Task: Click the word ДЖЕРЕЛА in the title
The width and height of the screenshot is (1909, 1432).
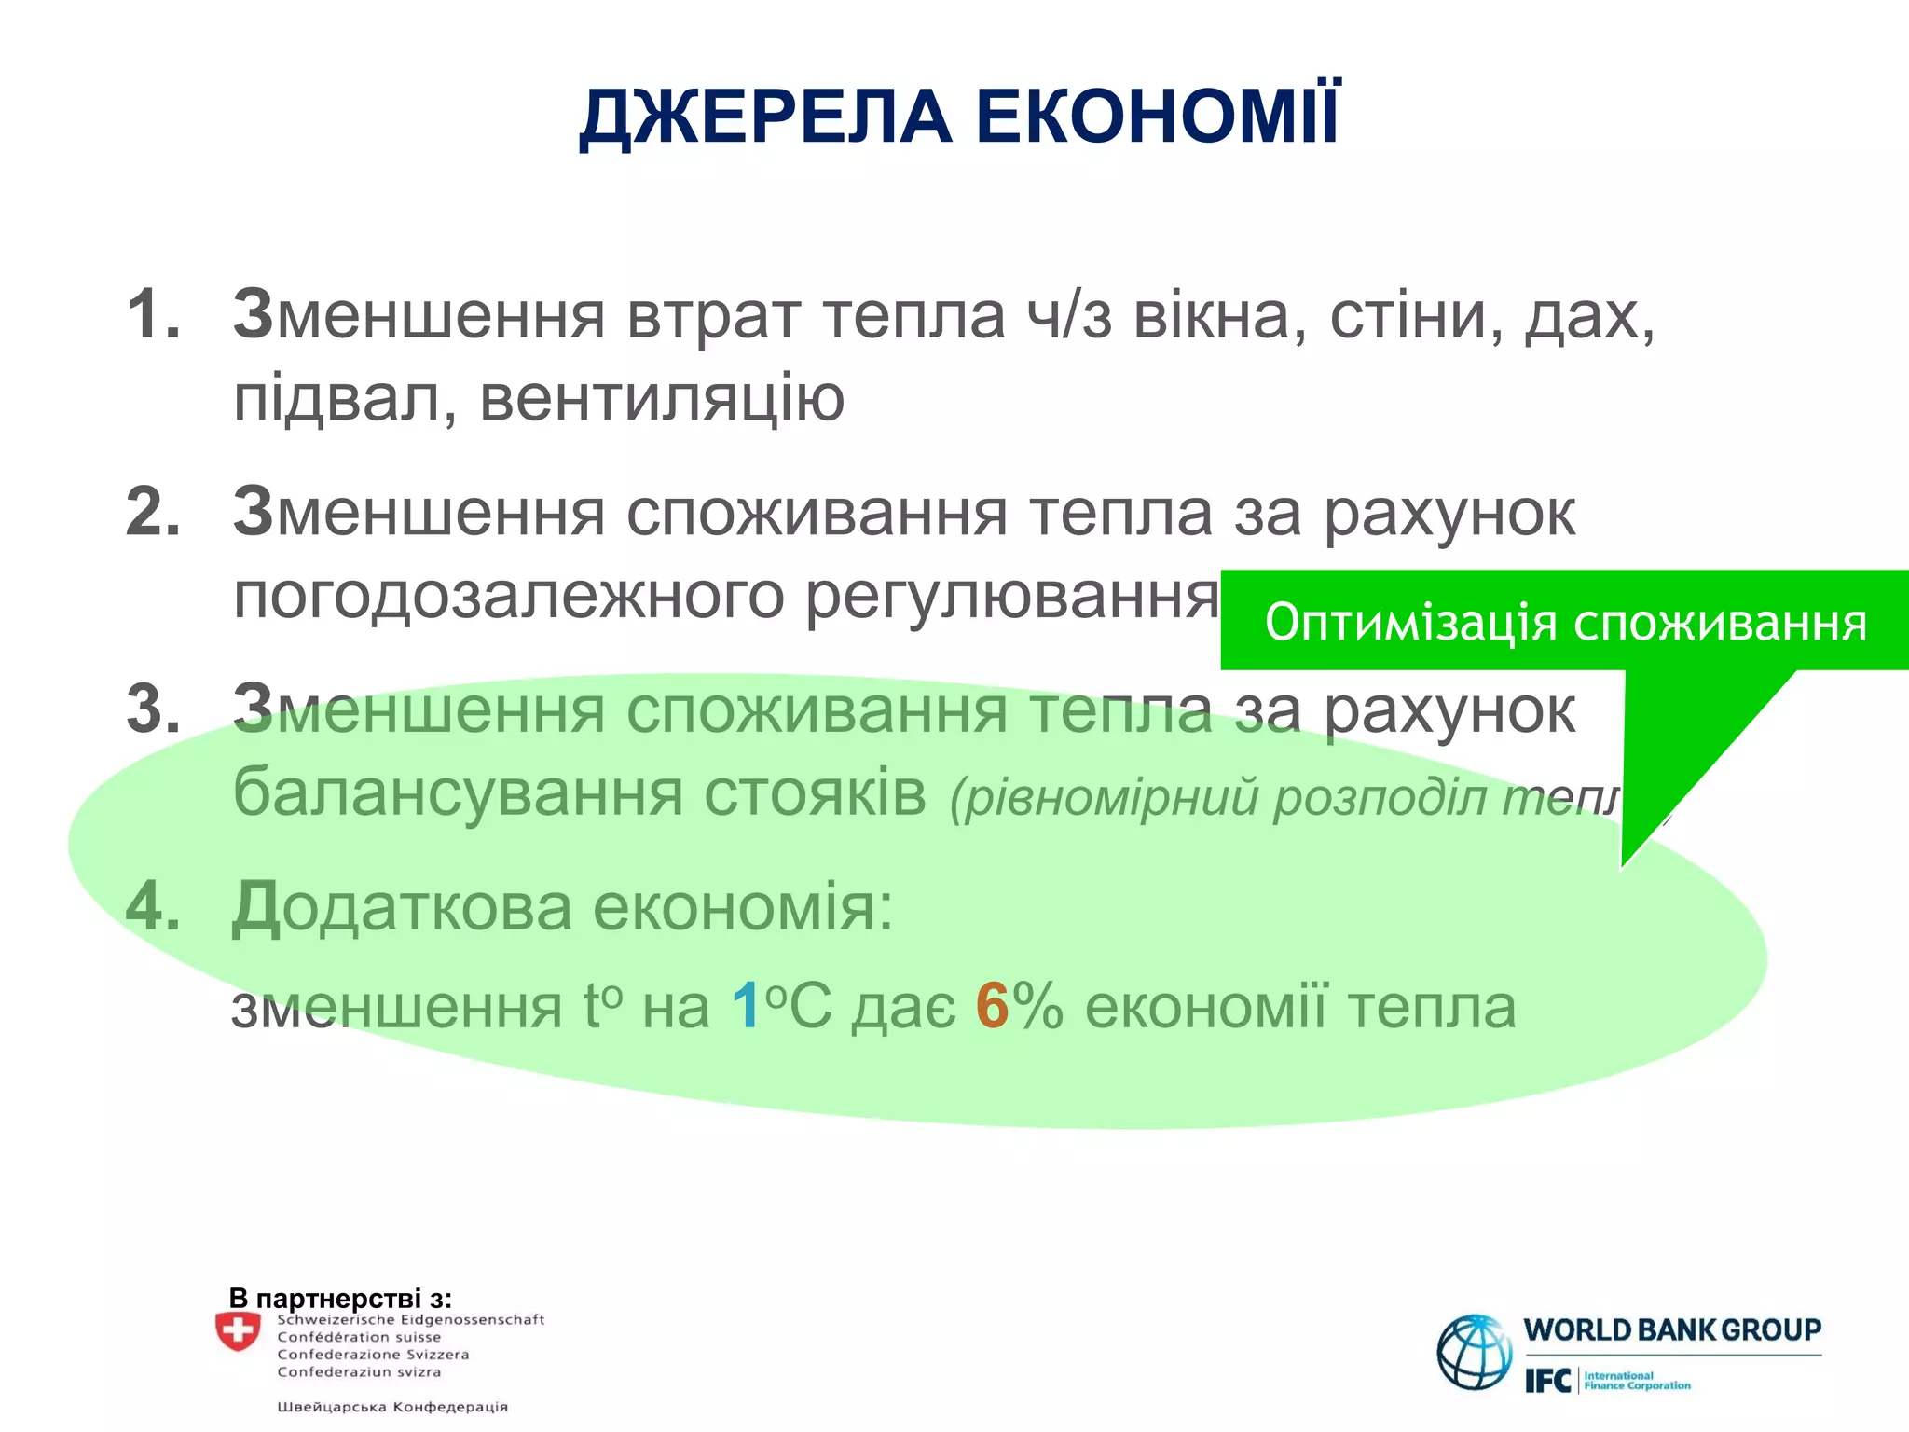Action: [x=765, y=118]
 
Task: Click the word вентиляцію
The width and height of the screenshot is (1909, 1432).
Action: [x=662, y=399]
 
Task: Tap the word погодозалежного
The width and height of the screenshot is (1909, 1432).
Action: [x=509, y=597]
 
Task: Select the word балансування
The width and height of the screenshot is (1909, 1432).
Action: [x=458, y=793]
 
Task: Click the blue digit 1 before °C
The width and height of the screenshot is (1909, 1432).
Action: [x=746, y=1007]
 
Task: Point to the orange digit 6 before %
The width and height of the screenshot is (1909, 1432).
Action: [x=993, y=1007]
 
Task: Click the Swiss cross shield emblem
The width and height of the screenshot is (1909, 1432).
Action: [x=238, y=1331]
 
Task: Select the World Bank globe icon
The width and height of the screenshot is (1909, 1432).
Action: [x=1475, y=1352]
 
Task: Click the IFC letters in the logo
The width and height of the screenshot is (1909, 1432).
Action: [x=1547, y=1381]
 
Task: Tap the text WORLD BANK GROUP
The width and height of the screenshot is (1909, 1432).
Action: [x=1672, y=1330]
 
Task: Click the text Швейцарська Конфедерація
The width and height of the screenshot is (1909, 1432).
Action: [x=392, y=1407]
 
